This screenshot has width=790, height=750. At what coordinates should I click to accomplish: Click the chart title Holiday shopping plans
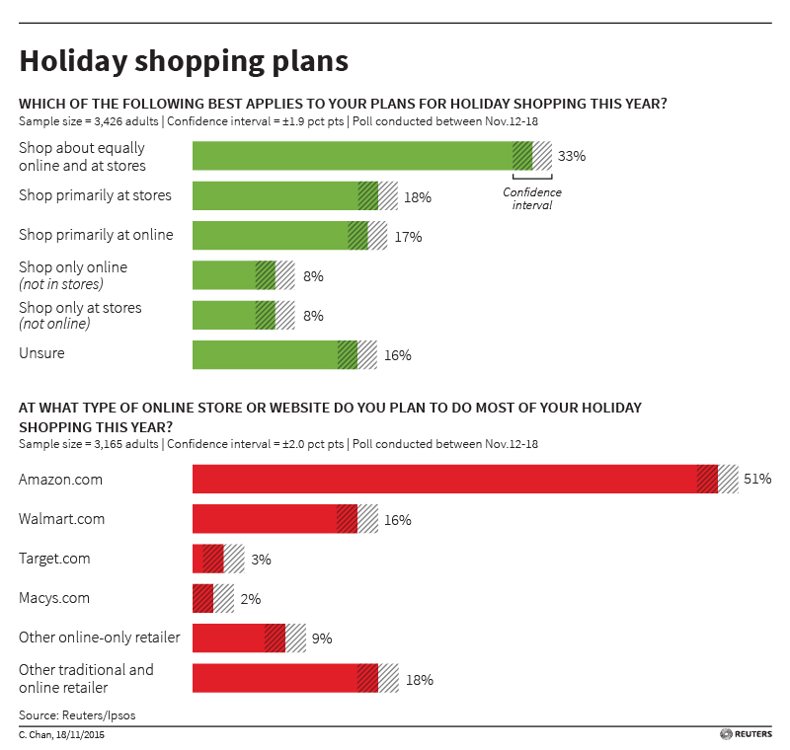(184, 61)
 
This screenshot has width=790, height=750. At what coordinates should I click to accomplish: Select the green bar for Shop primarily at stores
(276, 196)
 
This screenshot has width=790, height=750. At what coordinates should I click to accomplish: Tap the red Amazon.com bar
(444, 480)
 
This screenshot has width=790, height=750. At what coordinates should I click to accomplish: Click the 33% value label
(572, 157)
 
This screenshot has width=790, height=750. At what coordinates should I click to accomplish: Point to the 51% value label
(757, 480)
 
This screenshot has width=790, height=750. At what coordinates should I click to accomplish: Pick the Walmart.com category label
(61, 519)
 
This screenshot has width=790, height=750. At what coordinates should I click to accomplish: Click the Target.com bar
(209, 560)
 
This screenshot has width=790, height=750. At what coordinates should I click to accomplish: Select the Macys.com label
(54, 598)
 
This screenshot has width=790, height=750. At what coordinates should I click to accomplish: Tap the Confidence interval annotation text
(531, 198)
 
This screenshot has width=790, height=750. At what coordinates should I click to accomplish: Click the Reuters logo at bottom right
(746, 735)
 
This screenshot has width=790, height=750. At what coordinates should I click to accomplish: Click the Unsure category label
(41, 353)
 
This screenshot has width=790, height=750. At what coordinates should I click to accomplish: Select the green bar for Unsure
(267, 355)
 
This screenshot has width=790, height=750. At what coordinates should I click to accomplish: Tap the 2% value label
(251, 599)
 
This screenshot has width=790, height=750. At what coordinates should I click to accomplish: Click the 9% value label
(322, 638)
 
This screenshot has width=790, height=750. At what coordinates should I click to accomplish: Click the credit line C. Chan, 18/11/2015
(61, 735)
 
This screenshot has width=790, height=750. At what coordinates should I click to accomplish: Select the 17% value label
(408, 237)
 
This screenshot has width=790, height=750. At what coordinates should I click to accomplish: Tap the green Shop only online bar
(227, 276)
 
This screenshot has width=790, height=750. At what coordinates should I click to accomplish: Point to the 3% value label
(261, 560)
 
